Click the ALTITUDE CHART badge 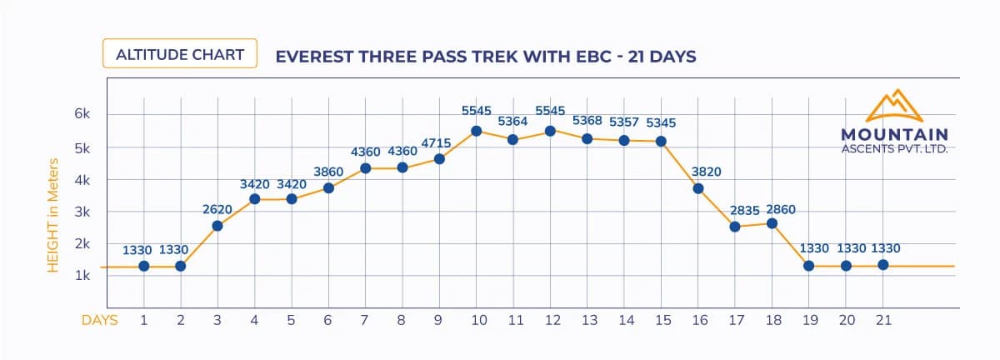pos(180,55)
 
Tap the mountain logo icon pos(895,106)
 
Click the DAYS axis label pos(99,320)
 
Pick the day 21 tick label pos(882,320)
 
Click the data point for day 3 pos(217,225)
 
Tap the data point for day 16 pos(698,188)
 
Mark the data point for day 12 pos(550,131)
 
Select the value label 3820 pos(706,172)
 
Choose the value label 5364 pos(513,122)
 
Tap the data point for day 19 pos(808,266)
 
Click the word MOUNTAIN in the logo pos(894,134)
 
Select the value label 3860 pos(328,171)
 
